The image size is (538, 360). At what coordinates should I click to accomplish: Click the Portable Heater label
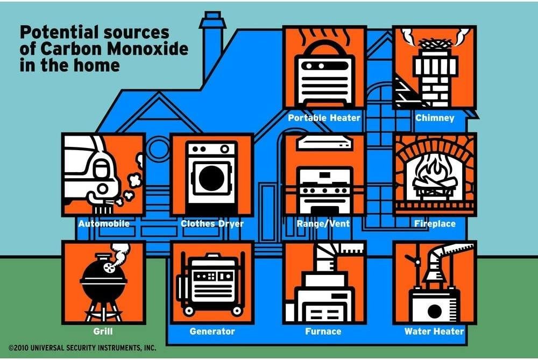coord(324,117)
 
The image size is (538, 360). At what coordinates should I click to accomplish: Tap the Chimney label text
coord(435,117)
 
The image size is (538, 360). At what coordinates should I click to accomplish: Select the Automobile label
coord(104,223)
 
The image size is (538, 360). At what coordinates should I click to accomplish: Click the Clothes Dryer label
coord(212,223)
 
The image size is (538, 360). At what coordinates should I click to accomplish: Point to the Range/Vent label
coord(324,223)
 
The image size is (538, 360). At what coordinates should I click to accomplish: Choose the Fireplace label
coord(435,223)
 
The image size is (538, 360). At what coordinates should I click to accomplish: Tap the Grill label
coord(104,331)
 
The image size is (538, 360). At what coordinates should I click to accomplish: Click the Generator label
coord(212,331)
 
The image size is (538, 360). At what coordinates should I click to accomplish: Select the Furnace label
coord(324,331)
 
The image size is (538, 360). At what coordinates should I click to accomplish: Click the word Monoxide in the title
coord(153,50)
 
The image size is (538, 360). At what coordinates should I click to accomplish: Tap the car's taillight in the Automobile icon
coord(100,171)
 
